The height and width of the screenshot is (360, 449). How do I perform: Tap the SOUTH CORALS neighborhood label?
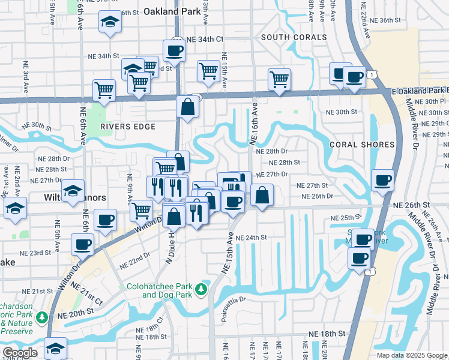pos(294,37)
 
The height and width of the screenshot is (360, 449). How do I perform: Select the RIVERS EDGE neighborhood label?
pos(128,127)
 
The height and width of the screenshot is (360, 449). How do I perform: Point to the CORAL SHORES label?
pos(362,145)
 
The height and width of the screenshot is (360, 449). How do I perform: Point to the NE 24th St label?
pos(251,238)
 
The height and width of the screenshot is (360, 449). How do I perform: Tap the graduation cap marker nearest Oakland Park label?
pos(109,23)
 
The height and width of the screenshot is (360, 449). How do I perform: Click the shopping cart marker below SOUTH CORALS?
pos(279,79)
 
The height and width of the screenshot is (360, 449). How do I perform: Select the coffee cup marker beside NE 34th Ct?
pos(174,50)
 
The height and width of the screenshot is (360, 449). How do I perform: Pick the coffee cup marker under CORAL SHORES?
pos(382,179)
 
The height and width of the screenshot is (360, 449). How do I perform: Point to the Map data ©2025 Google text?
pos(411,355)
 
